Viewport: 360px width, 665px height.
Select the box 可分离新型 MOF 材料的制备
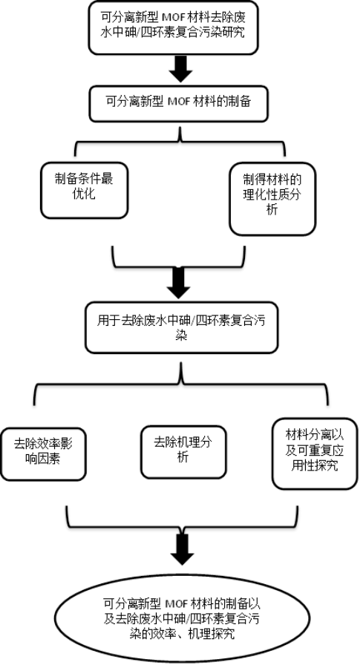point(178,104)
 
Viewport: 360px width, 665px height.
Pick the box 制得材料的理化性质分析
point(272,198)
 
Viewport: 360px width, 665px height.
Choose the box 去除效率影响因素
point(43,453)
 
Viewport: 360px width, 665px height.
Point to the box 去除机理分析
point(183,452)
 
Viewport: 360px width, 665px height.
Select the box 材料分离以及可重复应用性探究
point(315,453)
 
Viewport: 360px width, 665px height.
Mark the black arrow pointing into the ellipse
point(183,549)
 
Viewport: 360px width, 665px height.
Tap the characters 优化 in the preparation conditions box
point(84,194)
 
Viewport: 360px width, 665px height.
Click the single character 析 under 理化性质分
point(272,209)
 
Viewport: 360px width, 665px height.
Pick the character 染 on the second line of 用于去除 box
point(181,335)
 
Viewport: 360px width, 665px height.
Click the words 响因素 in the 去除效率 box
point(43,459)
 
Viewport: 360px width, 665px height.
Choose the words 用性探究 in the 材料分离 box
point(315,465)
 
